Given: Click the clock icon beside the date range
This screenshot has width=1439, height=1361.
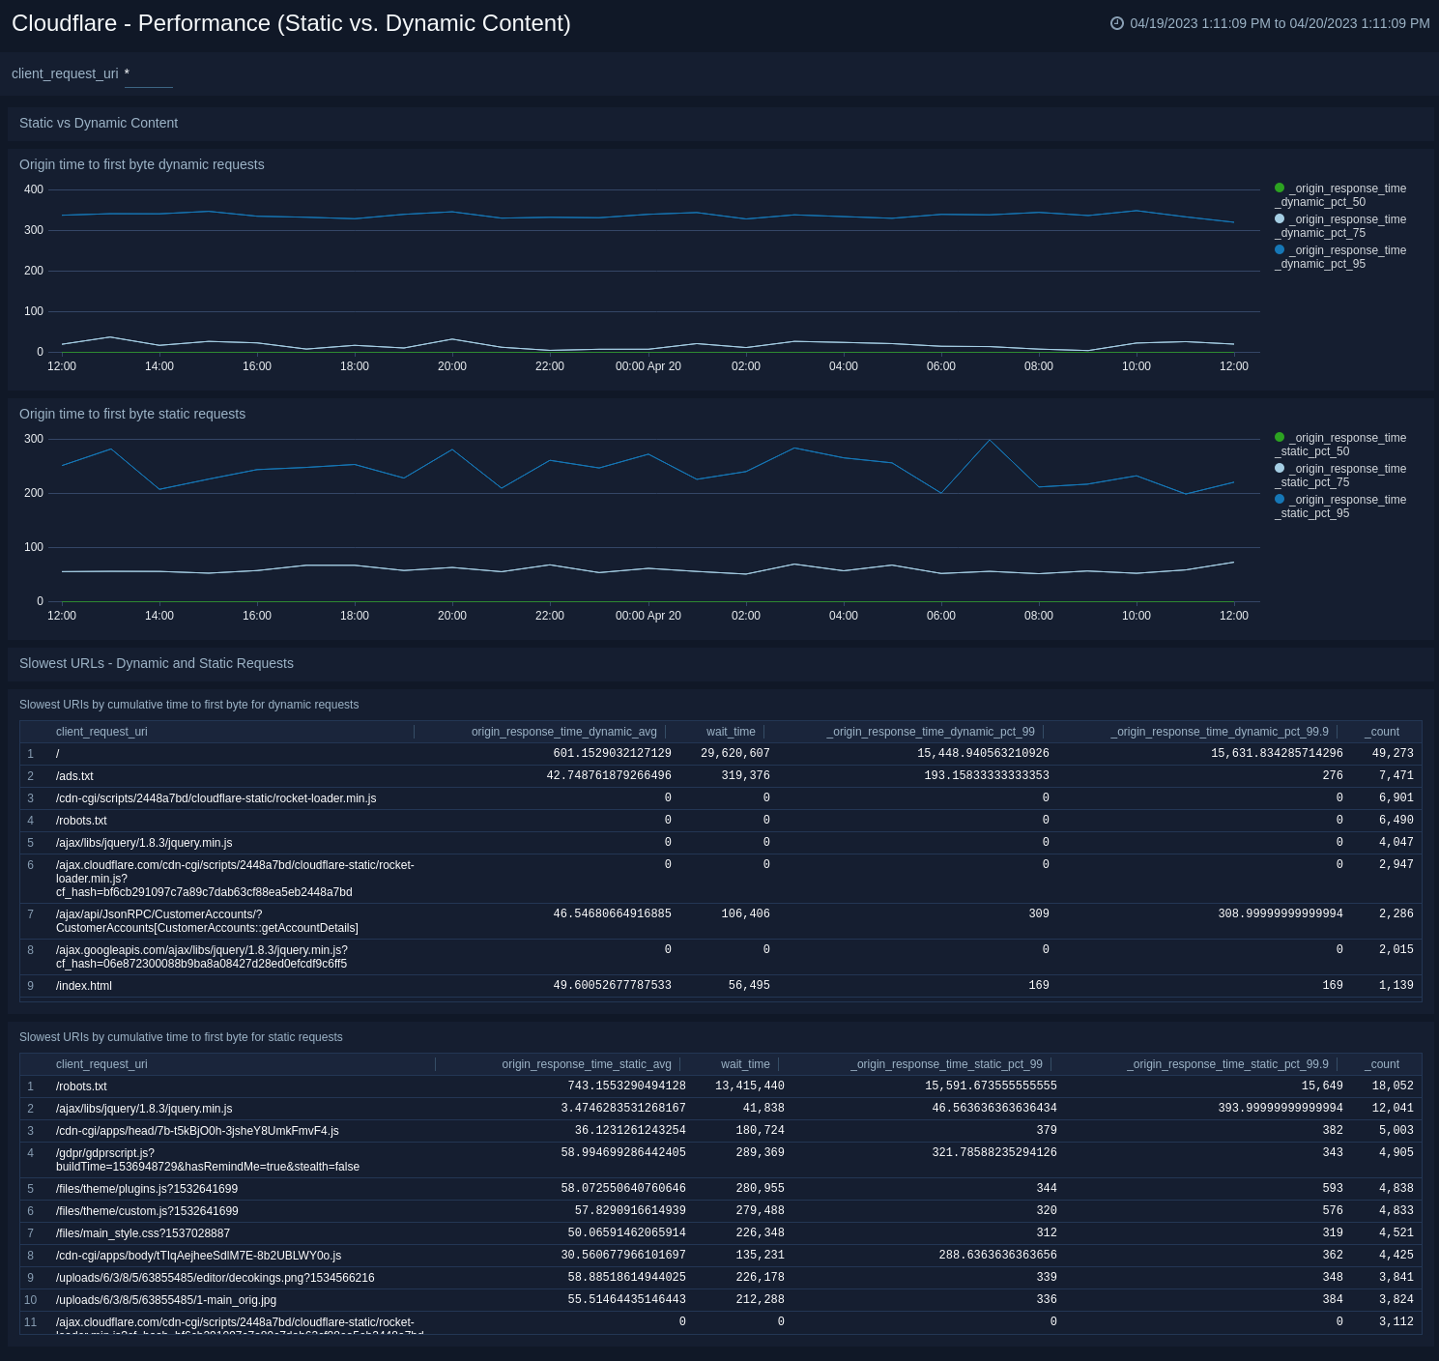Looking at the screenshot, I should pyautogui.click(x=1117, y=23).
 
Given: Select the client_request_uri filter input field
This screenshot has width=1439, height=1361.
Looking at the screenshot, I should pyautogui.click(x=149, y=74).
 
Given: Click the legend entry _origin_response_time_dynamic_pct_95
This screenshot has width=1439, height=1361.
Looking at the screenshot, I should pyautogui.click(x=1340, y=257).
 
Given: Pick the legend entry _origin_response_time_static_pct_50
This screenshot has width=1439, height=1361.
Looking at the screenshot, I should pyautogui.click(x=1340, y=445).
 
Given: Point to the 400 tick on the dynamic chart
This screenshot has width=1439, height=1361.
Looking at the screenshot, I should pyautogui.click(x=34, y=189).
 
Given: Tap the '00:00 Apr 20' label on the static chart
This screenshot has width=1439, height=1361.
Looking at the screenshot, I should pyautogui.click(x=648, y=616).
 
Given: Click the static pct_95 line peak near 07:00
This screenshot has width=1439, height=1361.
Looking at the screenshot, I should pyautogui.click(x=990, y=441).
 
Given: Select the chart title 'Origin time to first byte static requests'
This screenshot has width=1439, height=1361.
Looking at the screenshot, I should pyautogui.click(x=132, y=414).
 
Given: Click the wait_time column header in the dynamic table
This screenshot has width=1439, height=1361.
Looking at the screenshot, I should pyautogui.click(x=731, y=732).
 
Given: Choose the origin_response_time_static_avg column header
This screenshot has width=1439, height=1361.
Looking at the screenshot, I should pyautogui.click(x=586, y=1064).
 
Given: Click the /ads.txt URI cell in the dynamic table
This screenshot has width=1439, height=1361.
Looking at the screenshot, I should pyautogui.click(x=74, y=776).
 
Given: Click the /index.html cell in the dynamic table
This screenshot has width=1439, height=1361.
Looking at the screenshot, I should pyautogui.click(x=84, y=986).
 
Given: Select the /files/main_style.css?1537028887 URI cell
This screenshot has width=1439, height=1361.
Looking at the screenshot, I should pyautogui.click(x=143, y=1233).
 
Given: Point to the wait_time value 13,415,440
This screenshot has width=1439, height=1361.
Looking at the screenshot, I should pyautogui.click(x=749, y=1086).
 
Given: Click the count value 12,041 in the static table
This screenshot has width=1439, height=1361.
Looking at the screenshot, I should pyautogui.click(x=1392, y=1109).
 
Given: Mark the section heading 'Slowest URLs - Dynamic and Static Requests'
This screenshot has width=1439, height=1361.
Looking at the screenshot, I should pyautogui.click(x=157, y=663).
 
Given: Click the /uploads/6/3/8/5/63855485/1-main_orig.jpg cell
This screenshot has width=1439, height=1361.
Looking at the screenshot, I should pyautogui.click(x=166, y=1300).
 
